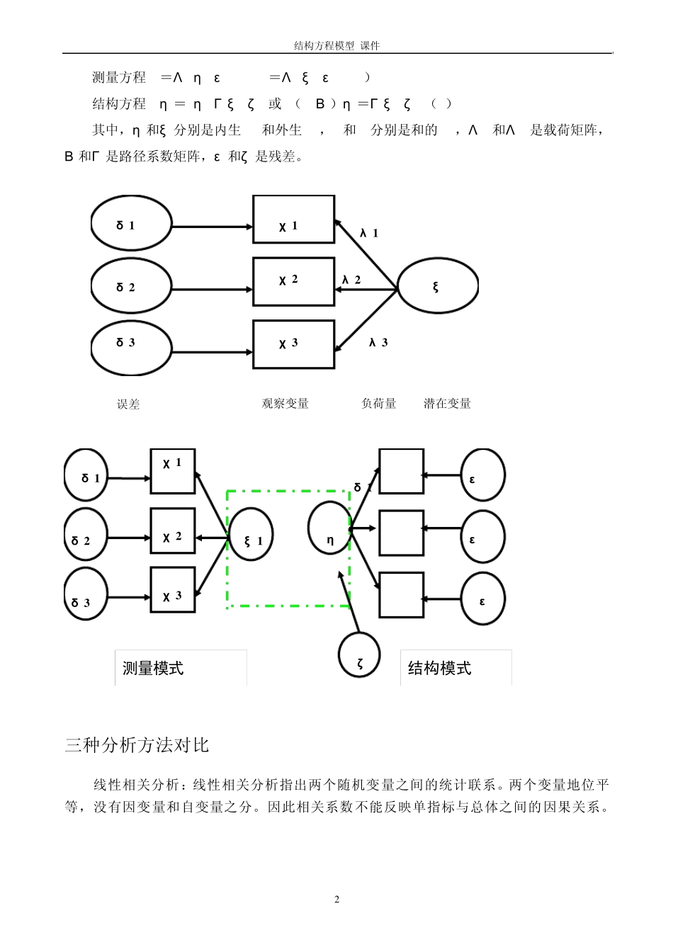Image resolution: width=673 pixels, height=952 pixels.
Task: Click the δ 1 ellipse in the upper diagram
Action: (x=131, y=224)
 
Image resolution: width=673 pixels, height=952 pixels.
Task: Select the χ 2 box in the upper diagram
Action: (x=293, y=281)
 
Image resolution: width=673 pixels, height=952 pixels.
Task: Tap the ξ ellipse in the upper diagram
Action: (x=437, y=286)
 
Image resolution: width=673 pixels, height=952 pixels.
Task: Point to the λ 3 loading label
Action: (x=378, y=343)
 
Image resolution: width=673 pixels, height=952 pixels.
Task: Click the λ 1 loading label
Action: (x=369, y=233)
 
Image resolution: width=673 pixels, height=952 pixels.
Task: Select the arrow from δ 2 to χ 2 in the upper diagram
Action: (x=212, y=289)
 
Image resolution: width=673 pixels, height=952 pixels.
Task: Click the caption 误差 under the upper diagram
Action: (x=128, y=404)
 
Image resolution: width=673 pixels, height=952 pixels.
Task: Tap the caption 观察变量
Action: (x=285, y=404)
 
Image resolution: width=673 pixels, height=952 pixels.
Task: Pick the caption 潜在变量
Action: (x=447, y=404)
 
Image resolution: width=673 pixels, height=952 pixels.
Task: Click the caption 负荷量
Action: (x=378, y=404)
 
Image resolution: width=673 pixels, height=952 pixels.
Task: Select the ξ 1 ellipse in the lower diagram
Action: (x=251, y=535)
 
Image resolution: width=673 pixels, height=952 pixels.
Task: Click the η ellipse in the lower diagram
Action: (x=329, y=529)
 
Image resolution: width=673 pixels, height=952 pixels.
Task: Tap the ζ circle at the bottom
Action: (x=359, y=655)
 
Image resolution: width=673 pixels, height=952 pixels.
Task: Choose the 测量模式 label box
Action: (x=181, y=668)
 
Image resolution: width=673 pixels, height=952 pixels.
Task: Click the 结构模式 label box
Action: (x=456, y=668)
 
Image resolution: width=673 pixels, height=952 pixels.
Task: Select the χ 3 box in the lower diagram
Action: (x=172, y=590)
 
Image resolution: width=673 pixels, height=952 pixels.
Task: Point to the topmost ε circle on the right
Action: (x=482, y=475)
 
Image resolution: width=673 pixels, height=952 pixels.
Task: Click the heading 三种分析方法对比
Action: (x=137, y=745)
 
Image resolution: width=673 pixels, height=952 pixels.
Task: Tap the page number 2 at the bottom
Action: (x=336, y=900)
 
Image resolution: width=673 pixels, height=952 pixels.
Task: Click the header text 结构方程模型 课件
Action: (x=336, y=46)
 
